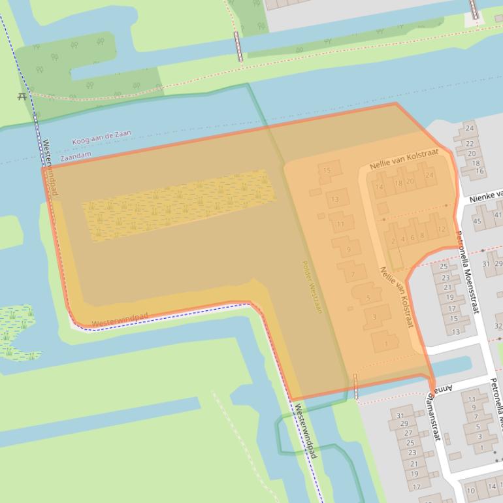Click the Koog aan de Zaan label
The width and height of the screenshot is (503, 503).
point(101,138)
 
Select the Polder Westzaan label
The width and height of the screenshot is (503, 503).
point(312,287)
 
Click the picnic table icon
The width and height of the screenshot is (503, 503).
point(23,96)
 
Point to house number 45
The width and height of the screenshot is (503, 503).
point(477,221)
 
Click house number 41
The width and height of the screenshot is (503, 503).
point(498,215)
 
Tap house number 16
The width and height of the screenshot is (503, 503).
point(479,171)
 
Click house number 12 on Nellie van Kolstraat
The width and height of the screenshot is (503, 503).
point(442,229)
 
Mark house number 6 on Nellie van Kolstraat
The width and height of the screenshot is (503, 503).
point(412,238)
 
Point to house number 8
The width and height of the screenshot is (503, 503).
point(422,235)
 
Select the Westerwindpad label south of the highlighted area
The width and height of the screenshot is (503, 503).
point(304,430)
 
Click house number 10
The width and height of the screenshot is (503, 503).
point(470,491)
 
